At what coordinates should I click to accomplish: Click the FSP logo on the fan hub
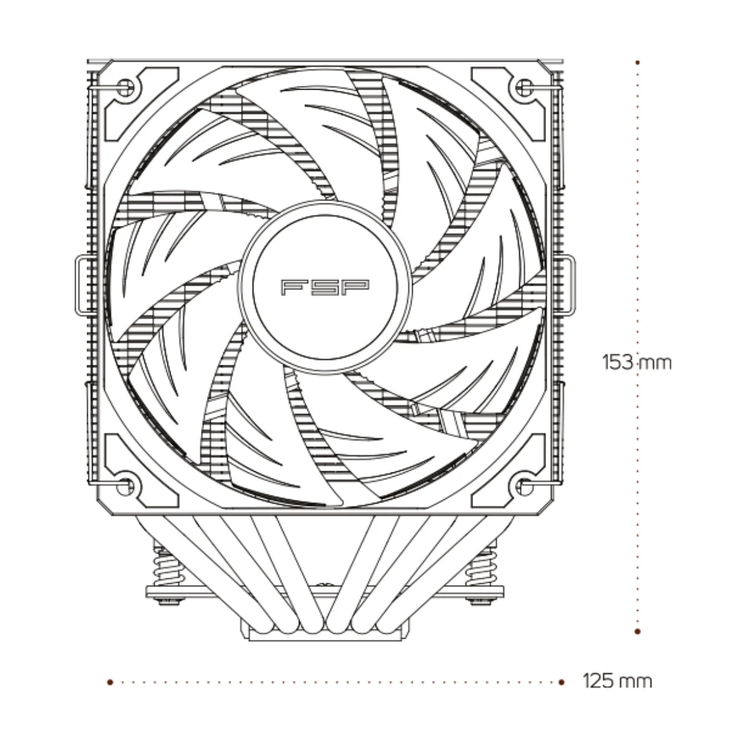point(325,287)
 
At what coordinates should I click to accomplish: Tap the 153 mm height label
point(637,362)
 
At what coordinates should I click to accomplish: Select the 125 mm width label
point(618,681)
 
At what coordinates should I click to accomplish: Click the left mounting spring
point(166,567)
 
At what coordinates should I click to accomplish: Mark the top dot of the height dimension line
point(637,62)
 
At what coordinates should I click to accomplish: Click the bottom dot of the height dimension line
point(637,631)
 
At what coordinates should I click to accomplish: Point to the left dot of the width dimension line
point(110,682)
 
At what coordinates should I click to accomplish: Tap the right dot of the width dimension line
point(561,682)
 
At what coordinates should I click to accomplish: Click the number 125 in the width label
point(599,681)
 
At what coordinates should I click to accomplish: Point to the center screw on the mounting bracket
point(325,587)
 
